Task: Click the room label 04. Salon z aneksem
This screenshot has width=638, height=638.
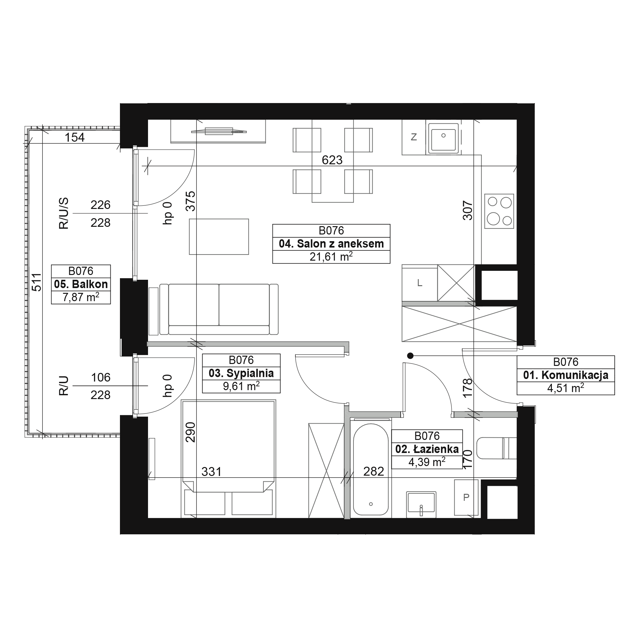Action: click(x=331, y=244)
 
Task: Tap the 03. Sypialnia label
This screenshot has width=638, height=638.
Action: click(x=241, y=373)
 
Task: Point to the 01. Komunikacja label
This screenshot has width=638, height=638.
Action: click(x=566, y=375)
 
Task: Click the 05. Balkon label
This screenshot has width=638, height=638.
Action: click(x=81, y=284)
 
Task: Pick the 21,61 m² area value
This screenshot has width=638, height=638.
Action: click(x=331, y=256)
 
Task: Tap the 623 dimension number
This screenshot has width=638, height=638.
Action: click(x=332, y=160)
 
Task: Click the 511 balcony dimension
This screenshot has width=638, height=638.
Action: click(x=37, y=282)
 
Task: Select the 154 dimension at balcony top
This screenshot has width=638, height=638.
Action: click(x=75, y=137)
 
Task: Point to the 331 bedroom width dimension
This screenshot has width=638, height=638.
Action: click(x=211, y=472)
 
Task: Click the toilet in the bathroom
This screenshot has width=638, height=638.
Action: click(x=497, y=448)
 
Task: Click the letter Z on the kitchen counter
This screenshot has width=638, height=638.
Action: click(x=413, y=137)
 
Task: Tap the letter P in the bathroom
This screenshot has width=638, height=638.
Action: click(x=466, y=497)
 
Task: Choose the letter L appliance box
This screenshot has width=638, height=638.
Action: click(x=420, y=283)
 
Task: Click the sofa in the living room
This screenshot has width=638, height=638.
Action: click(x=219, y=309)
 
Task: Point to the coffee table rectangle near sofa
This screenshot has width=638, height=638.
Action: click(x=219, y=237)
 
